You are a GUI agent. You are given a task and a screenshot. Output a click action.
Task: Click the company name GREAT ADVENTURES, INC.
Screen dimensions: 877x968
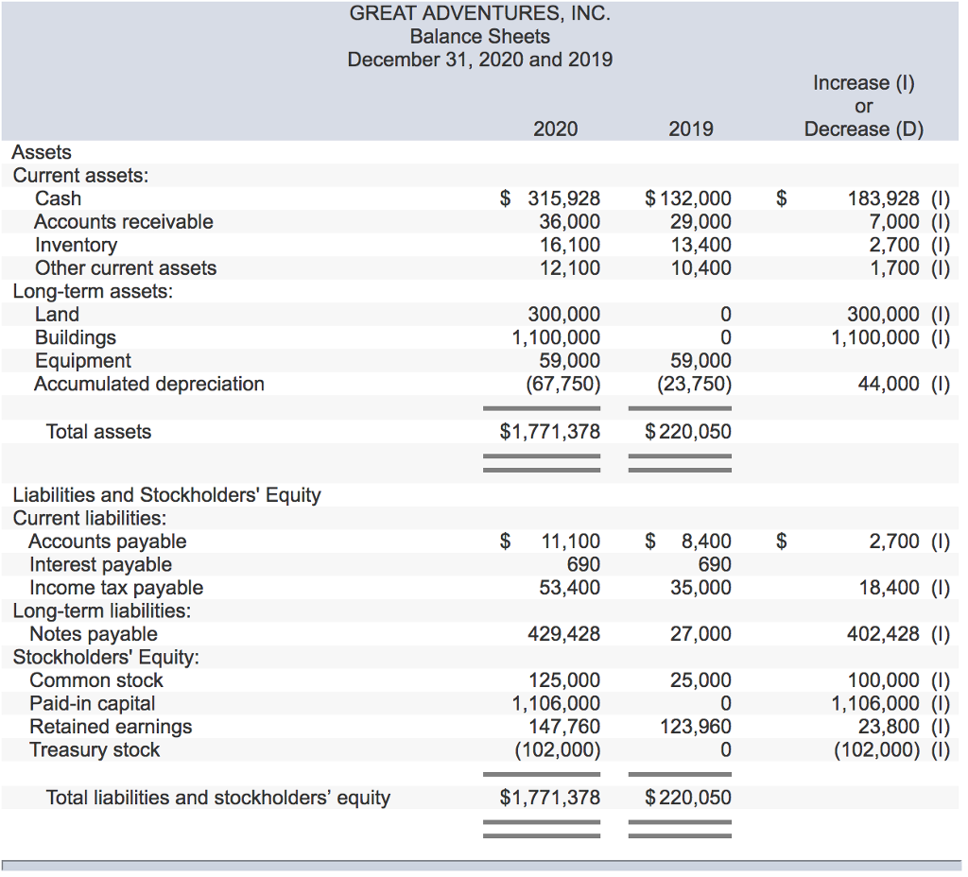click(x=479, y=13)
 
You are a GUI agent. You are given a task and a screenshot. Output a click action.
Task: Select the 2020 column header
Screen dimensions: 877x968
click(x=555, y=129)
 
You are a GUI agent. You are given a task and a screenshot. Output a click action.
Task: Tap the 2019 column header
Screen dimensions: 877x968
click(x=691, y=129)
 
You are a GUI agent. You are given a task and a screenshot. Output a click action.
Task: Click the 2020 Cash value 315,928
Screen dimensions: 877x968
click(x=562, y=198)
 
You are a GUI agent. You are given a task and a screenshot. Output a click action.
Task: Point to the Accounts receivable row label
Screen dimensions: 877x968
click(x=124, y=221)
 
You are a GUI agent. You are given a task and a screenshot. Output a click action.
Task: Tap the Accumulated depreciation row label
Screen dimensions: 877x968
click(x=149, y=384)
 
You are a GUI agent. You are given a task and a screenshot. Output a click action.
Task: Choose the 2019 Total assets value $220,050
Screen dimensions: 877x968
click(x=688, y=432)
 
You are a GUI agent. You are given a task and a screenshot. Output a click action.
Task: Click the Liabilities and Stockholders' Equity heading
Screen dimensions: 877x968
click(x=166, y=494)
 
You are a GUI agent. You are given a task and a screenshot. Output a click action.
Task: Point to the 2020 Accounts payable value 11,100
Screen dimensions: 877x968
click(x=570, y=542)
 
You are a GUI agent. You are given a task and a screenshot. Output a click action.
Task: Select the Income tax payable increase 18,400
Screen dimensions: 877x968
click(x=889, y=588)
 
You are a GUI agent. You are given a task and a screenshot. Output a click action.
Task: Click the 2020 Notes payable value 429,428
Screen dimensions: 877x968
click(x=563, y=634)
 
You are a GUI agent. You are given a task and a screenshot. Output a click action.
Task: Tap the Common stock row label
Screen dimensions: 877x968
click(x=96, y=680)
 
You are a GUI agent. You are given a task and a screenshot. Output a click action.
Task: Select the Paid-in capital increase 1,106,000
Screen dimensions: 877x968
click(x=875, y=703)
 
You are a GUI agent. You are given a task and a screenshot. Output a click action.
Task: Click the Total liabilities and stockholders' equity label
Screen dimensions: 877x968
click(x=218, y=798)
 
